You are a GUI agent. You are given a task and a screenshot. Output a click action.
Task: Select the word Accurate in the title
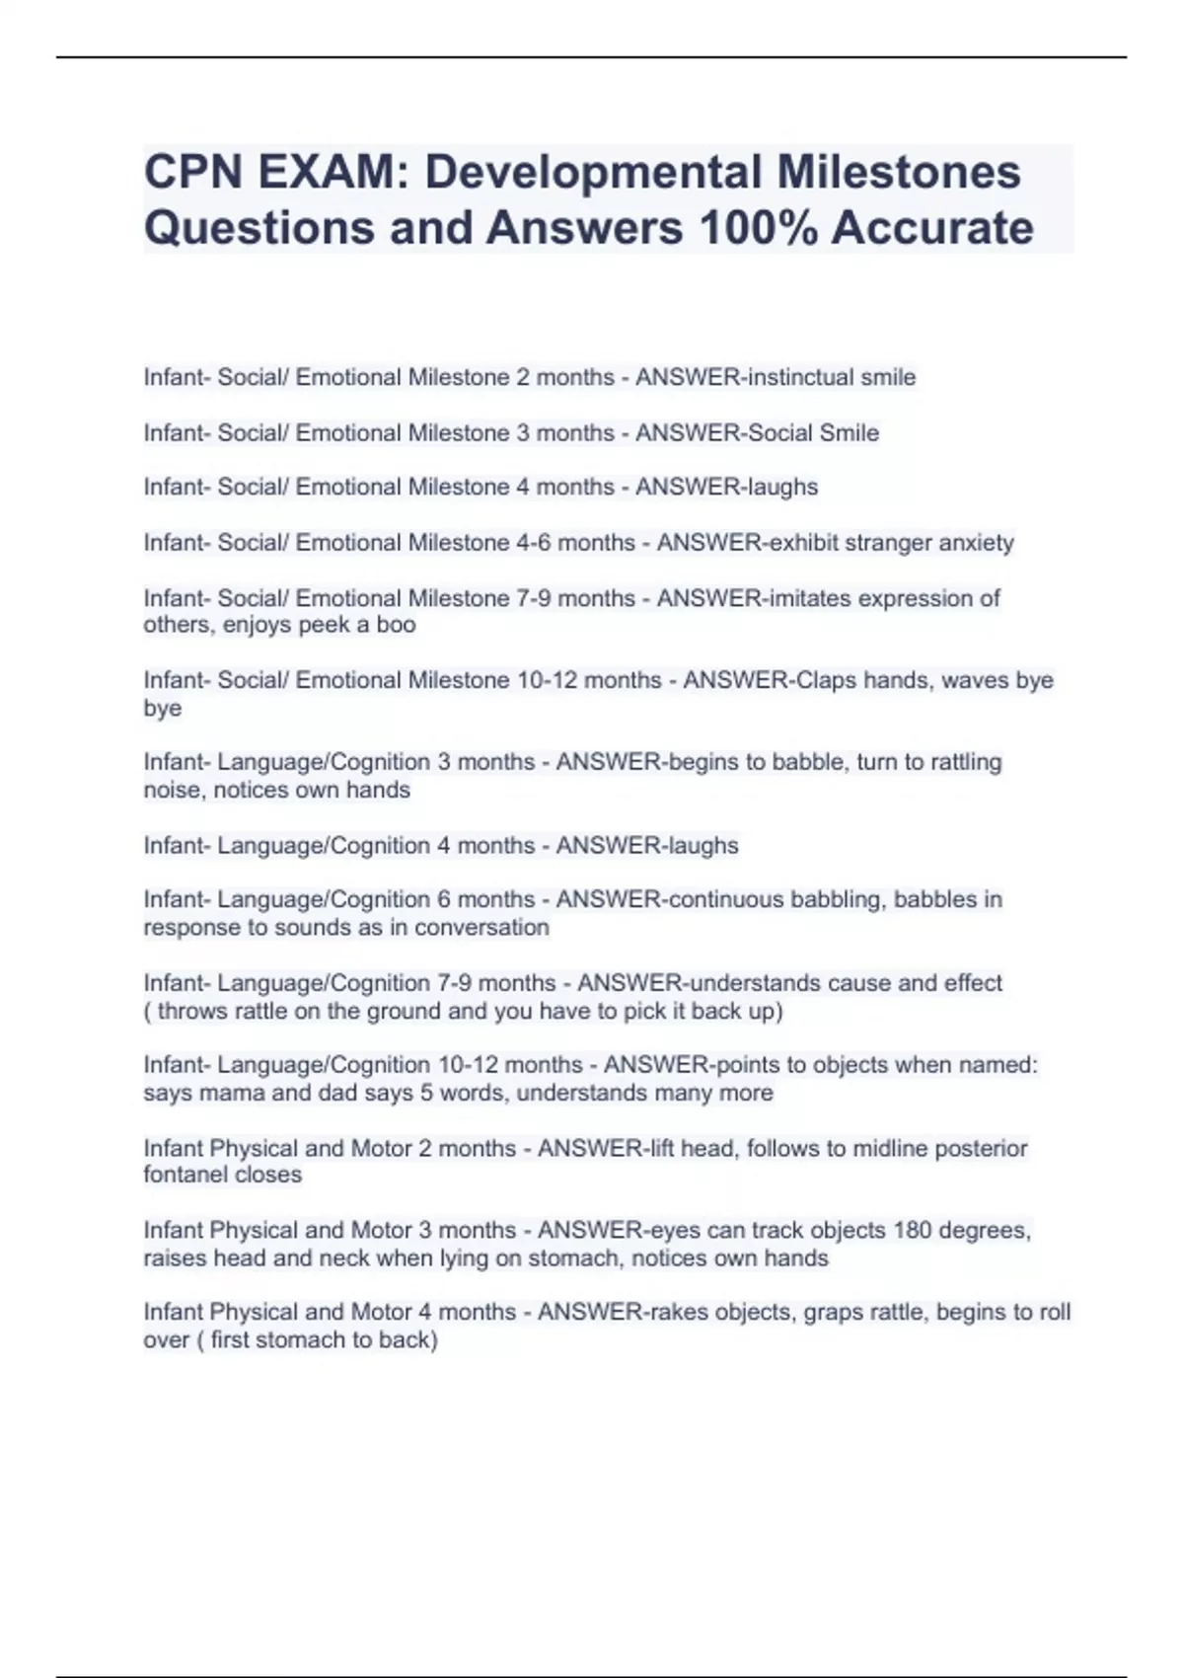point(932,228)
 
